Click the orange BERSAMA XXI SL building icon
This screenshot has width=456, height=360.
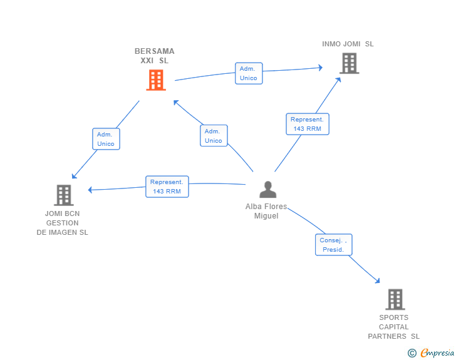(x=156, y=80)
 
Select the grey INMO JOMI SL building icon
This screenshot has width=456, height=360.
(x=350, y=63)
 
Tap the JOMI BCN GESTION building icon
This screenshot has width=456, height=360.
(x=64, y=195)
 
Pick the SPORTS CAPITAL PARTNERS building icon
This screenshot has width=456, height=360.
(x=395, y=299)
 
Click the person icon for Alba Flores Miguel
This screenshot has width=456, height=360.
(x=268, y=190)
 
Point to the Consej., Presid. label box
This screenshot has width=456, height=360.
(x=334, y=245)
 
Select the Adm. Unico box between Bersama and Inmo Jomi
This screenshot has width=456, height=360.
(x=249, y=73)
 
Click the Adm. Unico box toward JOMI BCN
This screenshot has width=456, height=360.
(x=106, y=139)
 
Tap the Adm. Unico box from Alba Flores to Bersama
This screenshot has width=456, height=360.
(x=214, y=135)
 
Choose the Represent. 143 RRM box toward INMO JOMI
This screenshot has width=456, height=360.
(x=308, y=124)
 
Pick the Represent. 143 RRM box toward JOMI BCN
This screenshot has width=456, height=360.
(x=167, y=187)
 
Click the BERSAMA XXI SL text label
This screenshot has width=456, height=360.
(x=155, y=56)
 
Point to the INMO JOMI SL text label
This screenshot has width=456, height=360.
(x=348, y=44)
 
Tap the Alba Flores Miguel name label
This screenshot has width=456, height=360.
(x=266, y=211)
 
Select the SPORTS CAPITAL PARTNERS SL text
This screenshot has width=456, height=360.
(x=394, y=327)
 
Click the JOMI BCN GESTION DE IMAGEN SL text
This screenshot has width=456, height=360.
(x=62, y=223)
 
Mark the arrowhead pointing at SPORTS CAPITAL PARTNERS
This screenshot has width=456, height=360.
(x=378, y=281)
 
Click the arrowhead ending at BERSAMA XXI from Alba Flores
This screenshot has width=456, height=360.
(x=175, y=102)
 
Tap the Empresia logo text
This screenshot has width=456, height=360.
(x=437, y=352)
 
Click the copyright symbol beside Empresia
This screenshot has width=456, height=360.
(x=412, y=353)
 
